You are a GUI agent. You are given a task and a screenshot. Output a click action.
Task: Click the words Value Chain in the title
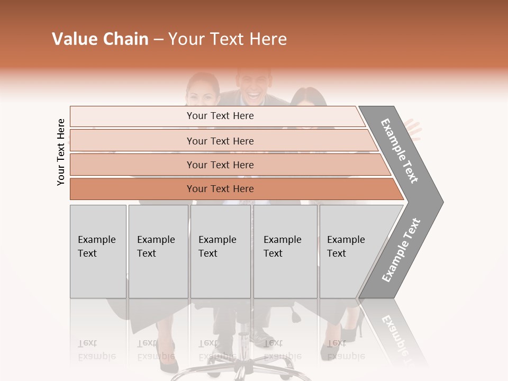coord(100,39)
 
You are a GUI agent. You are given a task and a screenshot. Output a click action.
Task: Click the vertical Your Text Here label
coord(61,152)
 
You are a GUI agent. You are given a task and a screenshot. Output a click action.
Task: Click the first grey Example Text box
coord(98,251)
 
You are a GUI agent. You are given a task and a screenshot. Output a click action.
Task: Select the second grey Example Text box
coord(158,251)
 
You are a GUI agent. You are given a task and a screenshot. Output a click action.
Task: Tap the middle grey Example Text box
coord(220,251)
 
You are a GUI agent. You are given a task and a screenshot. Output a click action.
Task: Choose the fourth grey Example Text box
coord(285,251)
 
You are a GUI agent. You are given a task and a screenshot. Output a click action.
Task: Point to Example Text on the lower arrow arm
coord(401,250)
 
